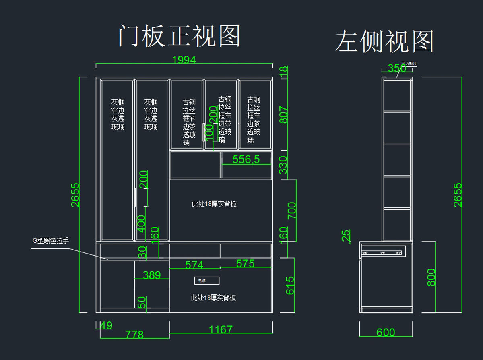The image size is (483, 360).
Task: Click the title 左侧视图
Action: [384, 41]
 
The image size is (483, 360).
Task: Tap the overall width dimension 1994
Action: [184, 60]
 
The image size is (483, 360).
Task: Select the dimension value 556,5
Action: [246, 159]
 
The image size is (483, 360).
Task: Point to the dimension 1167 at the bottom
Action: [221, 329]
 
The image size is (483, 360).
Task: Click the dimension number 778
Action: [134, 335]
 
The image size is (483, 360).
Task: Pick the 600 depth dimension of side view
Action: [386, 332]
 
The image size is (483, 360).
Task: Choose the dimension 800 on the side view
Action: [431, 277]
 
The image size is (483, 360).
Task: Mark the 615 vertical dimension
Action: [290, 285]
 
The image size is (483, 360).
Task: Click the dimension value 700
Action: [292, 210]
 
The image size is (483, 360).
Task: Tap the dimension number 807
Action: [284, 114]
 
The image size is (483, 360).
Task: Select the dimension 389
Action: [152, 275]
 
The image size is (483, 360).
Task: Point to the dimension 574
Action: [194, 265]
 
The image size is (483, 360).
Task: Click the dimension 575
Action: [246, 264]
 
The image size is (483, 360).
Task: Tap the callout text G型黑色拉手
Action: [51, 241]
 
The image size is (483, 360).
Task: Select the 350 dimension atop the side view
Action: [397, 68]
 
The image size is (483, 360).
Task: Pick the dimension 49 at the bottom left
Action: [106, 325]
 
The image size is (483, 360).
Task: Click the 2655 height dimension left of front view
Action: [75, 195]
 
